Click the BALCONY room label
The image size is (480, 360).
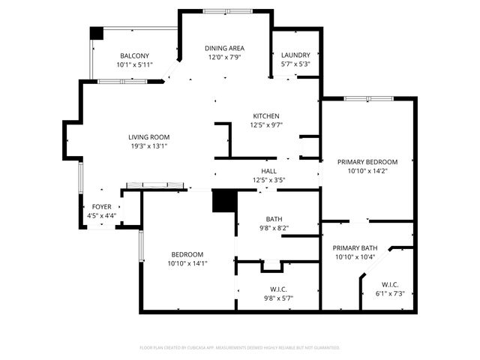point(133,56)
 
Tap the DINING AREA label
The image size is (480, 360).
point(225,48)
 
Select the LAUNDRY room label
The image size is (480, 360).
point(295,55)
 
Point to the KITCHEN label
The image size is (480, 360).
point(265,116)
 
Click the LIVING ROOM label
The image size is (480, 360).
point(148,137)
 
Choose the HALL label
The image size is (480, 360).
point(268,171)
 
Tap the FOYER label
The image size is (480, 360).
point(101,207)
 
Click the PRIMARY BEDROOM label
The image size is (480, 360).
point(367,162)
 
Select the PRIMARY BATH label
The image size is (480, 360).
point(355,248)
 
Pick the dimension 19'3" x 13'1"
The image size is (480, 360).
point(148,146)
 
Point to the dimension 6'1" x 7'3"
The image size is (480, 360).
point(389,293)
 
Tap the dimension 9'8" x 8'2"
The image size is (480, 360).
point(274,228)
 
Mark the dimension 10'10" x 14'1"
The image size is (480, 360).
point(187,263)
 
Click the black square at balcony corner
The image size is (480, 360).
point(96,34)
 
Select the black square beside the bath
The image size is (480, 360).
point(224,201)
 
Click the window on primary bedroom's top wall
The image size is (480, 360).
point(368,98)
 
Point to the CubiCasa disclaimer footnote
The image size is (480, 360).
point(240,347)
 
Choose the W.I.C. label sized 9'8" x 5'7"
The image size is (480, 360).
point(277,289)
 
